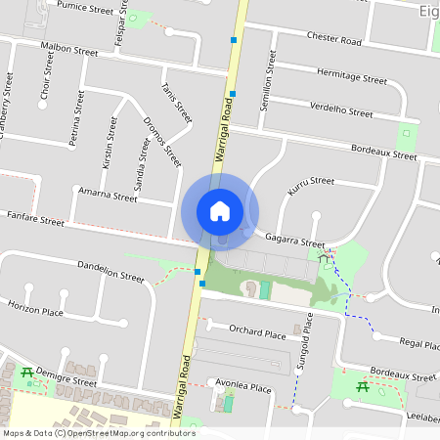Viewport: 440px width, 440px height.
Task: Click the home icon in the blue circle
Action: [220, 211]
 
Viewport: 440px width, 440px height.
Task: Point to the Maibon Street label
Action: [69, 49]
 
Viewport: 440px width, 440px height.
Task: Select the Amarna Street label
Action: [108, 196]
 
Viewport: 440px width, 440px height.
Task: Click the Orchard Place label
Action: [257, 332]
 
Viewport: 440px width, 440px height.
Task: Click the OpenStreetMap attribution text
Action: [98, 432]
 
